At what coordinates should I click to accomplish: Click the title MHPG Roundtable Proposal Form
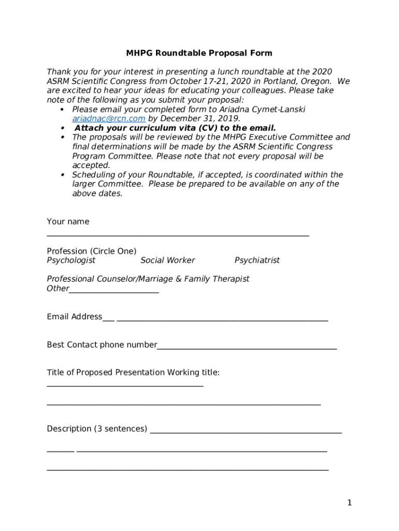[x=199, y=53]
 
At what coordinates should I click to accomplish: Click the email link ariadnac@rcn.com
[x=109, y=119]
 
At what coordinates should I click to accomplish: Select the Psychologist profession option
[x=71, y=260]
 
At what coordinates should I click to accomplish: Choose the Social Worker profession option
[x=168, y=260]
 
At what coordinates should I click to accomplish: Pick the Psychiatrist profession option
[x=257, y=260]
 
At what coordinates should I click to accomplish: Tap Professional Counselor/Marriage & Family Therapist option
[x=148, y=279]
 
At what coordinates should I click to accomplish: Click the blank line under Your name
[x=178, y=235]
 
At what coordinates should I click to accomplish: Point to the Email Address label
[x=75, y=317]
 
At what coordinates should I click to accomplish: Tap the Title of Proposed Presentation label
[x=133, y=372]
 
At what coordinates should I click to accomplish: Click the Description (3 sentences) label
[x=97, y=429]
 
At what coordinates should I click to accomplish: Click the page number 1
[x=350, y=502]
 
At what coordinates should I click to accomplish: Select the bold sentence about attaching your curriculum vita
[x=175, y=128]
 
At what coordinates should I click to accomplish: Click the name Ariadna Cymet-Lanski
[x=261, y=109]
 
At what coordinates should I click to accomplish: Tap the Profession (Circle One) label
[x=92, y=251]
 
